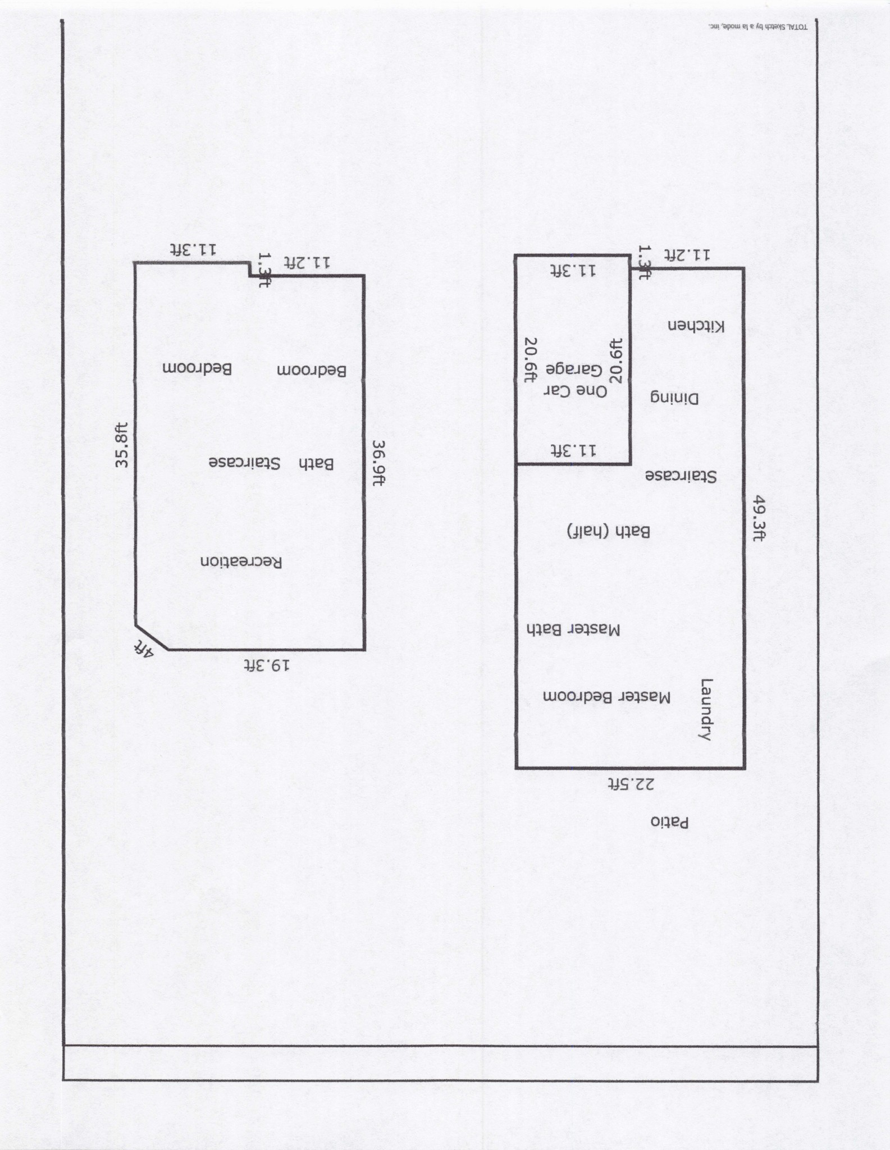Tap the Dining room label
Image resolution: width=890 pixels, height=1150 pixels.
[x=674, y=398]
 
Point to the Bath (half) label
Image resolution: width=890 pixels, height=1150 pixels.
[x=608, y=531]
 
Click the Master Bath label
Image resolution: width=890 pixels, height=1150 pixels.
[x=573, y=629]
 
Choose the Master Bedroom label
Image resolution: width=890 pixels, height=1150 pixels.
[x=606, y=697]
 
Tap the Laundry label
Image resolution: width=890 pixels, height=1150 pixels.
[x=706, y=710]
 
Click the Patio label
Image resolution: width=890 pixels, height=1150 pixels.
[x=669, y=822]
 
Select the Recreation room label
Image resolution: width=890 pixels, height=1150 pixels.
[x=241, y=562]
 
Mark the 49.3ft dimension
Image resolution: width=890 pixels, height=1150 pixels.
[x=759, y=518]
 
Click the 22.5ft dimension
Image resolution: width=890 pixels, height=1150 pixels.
[x=632, y=783]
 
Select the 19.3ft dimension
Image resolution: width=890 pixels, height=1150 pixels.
[x=267, y=665]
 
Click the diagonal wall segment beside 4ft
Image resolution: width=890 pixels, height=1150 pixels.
[x=151, y=637]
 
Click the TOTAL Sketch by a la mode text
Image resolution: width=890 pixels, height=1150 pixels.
[x=758, y=26]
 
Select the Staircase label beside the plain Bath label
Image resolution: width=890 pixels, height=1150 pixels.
[x=244, y=463]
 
